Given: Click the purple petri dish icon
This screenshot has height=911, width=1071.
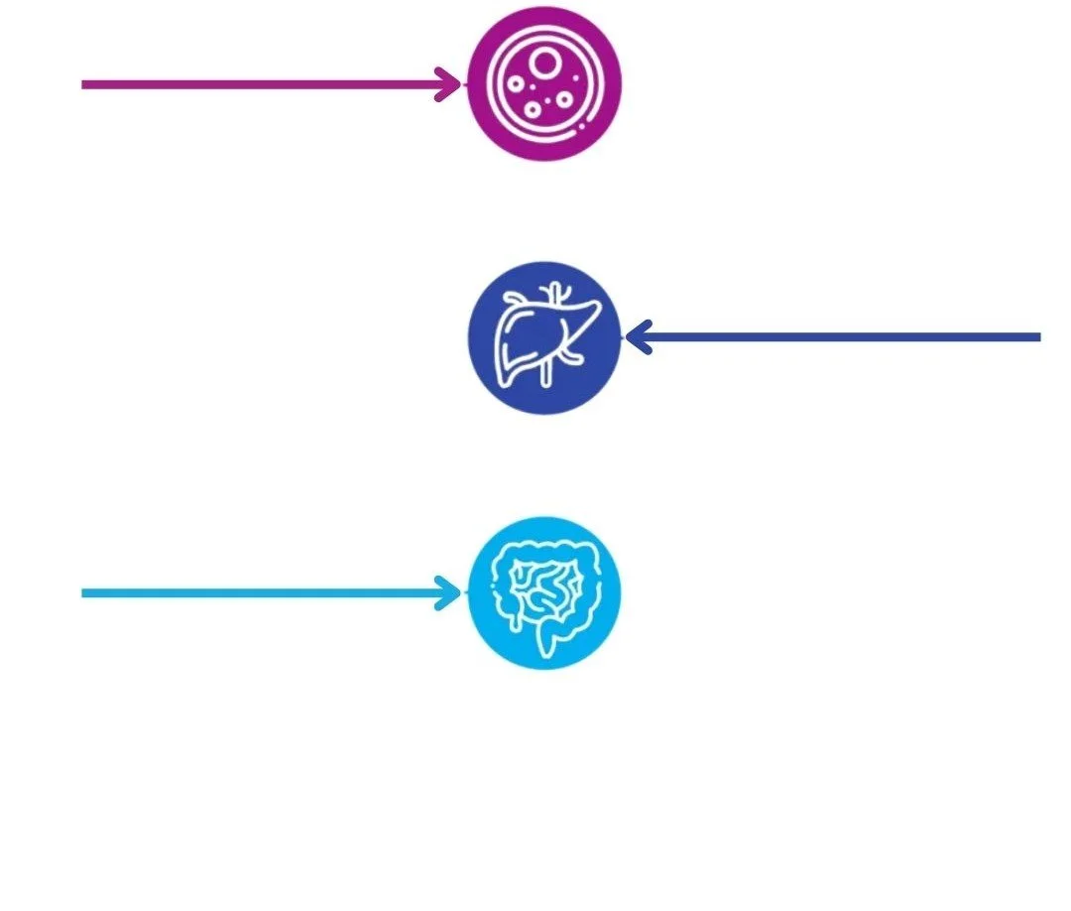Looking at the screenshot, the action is [544, 83].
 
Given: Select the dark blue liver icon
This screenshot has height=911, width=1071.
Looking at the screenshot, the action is [544, 337].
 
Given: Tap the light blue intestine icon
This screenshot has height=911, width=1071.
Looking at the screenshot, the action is [544, 592].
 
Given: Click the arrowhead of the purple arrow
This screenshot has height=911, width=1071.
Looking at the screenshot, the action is [453, 84].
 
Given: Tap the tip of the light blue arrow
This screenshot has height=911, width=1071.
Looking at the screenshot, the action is [454, 593].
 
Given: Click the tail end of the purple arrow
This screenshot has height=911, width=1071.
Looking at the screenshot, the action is [84, 84].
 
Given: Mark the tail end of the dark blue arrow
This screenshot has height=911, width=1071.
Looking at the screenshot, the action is [1037, 337].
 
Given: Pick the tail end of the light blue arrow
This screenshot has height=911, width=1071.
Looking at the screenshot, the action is [84, 593].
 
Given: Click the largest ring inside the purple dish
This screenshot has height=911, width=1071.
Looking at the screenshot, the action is [543, 65].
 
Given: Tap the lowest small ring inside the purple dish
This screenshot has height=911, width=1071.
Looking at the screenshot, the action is [533, 110].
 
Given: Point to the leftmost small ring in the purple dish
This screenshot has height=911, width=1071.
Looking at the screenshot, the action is [516, 84].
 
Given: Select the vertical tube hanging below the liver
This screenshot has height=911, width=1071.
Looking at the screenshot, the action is [546, 375].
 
